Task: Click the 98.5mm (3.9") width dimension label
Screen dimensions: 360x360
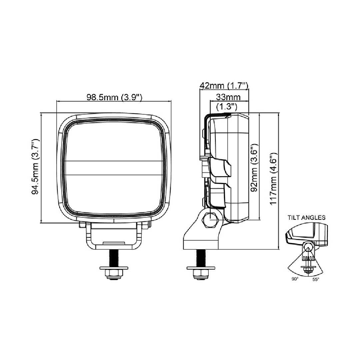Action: [x=114, y=97]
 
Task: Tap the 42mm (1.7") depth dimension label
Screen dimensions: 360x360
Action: [x=224, y=86]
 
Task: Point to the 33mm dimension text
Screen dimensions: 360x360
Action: [x=228, y=97]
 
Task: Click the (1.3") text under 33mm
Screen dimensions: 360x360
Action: [x=227, y=107]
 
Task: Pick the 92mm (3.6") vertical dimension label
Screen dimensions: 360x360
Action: [x=254, y=168]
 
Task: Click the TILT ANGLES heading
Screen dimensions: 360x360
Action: [x=307, y=217]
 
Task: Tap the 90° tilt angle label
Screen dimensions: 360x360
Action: [x=295, y=279]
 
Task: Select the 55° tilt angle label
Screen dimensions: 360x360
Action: [x=316, y=279]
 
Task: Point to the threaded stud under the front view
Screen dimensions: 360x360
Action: [x=114, y=258]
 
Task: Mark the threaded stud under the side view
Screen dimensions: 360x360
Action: [x=201, y=258]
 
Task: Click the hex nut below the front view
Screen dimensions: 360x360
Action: [x=114, y=273]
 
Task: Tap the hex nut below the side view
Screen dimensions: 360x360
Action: [x=201, y=273]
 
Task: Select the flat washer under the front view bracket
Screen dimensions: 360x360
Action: [x=114, y=268]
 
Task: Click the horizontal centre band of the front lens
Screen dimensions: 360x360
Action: [x=114, y=168]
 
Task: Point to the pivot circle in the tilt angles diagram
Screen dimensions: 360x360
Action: [x=308, y=247]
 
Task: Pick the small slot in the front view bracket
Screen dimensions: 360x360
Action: [x=114, y=243]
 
